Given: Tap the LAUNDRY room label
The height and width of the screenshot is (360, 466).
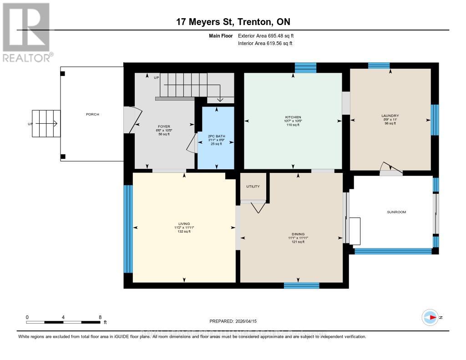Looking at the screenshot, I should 390,116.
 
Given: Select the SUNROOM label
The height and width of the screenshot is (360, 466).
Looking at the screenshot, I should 396,212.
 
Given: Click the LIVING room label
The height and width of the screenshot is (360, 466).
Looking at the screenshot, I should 184,223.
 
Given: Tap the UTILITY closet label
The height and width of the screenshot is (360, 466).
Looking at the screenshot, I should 253,187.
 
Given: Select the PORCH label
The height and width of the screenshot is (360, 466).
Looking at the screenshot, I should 92,114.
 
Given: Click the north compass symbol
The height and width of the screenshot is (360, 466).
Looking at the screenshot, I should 430,317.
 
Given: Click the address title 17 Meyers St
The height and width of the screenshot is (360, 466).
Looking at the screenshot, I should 233,22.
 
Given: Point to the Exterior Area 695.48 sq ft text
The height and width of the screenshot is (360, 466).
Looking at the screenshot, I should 269,35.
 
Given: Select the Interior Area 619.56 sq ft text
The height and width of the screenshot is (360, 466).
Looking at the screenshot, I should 265,43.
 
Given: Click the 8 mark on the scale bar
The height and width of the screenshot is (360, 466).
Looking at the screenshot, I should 100,317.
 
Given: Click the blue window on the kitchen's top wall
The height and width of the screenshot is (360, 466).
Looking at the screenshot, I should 305,67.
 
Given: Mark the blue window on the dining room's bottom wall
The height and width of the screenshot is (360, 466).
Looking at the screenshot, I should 301,285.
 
